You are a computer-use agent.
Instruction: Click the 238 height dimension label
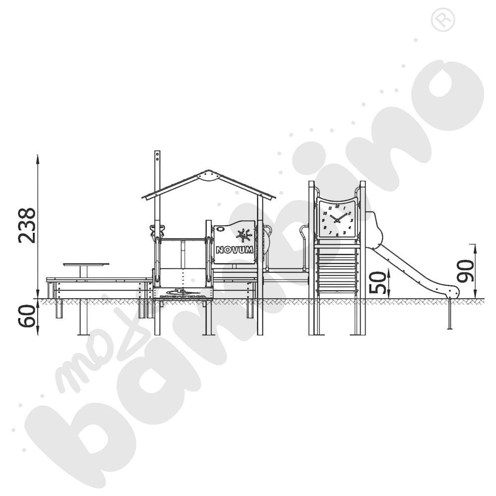coord(27,226)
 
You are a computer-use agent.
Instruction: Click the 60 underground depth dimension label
coord(27,316)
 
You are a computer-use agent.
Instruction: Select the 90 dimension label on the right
coord(465,271)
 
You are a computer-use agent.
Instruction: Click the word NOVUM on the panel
coord(235,250)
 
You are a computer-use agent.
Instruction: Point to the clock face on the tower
coord(337,219)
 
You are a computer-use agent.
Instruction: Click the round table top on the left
coord(86,264)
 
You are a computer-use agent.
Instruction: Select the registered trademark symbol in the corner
coord(442,20)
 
